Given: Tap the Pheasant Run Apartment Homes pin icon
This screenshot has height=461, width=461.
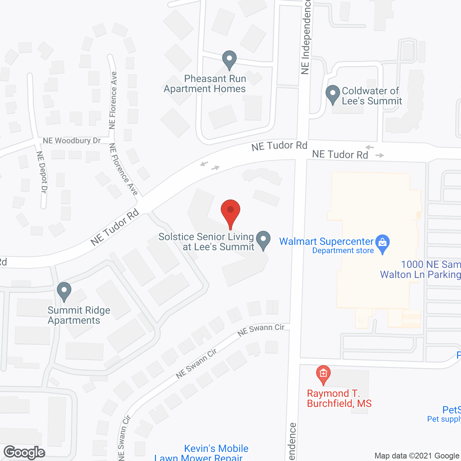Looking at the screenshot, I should click(229, 59).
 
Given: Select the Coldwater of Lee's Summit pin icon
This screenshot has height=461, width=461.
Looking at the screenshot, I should click(333, 94).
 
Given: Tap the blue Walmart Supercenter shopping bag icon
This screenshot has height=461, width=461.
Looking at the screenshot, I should click(382, 243).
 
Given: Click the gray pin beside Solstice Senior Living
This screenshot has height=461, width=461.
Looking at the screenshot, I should click(264, 240).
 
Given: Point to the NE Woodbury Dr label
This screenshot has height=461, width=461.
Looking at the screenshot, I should click(72, 140).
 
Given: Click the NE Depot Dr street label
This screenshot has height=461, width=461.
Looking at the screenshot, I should click(41, 172).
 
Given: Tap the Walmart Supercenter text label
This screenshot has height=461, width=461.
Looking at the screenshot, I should click(326, 241).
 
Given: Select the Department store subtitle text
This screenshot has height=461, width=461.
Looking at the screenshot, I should click(343, 251).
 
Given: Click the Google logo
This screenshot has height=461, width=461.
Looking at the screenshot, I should click(24, 452).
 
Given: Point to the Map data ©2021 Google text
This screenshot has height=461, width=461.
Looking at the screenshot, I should click(417, 456).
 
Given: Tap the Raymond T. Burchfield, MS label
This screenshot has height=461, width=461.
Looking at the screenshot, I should click(339, 398).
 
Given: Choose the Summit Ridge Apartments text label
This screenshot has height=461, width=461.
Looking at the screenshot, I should click(79, 315).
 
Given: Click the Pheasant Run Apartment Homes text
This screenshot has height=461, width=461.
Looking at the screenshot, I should click(205, 84).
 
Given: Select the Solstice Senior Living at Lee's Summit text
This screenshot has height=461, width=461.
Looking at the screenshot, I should click(206, 242).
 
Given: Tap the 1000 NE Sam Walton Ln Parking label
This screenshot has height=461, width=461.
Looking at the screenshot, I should click(420, 269).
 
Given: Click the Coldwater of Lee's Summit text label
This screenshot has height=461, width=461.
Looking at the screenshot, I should click(372, 96).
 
